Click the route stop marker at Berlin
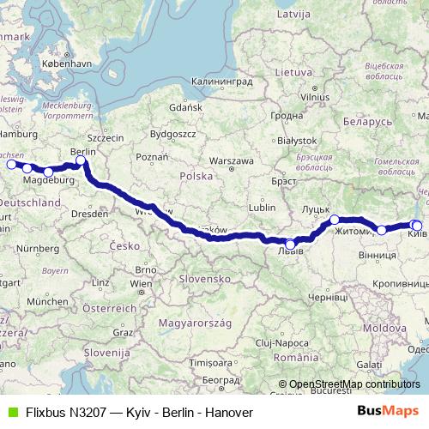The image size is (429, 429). click(81, 160)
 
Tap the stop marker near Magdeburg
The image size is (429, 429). click(48, 172)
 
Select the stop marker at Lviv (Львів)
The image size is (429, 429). click(290, 244)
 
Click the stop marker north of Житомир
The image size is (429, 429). click(335, 221)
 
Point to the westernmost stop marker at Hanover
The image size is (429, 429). click(11, 164)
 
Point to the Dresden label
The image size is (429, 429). click(89, 212)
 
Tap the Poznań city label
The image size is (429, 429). click(151, 157)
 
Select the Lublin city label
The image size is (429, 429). click(262, 207)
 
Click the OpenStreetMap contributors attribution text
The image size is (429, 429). click(353, 384)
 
